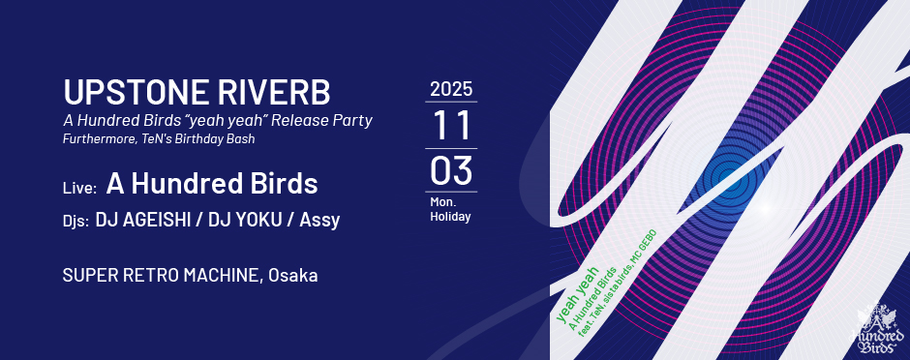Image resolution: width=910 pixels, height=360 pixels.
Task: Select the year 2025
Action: [451, 89]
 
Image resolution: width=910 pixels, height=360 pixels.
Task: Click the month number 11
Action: [451, 125]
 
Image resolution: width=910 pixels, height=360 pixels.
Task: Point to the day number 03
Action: [451, 170]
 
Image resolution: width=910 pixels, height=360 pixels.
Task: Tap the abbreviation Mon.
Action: [442, 203]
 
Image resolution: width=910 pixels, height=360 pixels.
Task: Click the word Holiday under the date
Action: [450, 218]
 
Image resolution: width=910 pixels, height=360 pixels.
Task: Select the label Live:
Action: [79, 188]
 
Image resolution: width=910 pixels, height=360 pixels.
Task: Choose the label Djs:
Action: [76, 222]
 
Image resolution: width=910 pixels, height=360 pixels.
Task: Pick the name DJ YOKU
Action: [246, 221]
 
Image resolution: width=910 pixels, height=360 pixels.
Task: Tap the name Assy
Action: [319, 221]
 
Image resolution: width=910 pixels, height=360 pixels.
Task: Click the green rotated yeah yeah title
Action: [577, 294]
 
